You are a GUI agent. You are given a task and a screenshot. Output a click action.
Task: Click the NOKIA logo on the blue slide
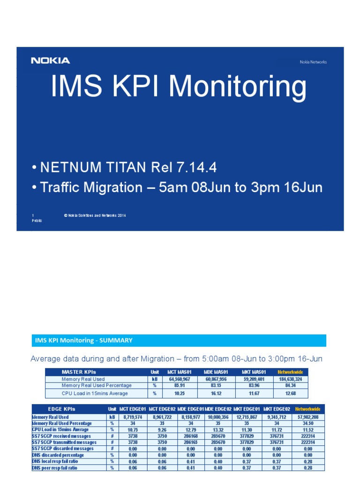point(51,60)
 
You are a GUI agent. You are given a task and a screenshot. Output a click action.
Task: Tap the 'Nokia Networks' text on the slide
point(313,62)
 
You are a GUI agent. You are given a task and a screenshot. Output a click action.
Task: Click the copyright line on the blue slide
point(95,216)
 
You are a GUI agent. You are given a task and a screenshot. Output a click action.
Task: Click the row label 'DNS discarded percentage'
point(58,455)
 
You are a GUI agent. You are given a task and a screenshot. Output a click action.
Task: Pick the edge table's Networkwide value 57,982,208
point(308,417)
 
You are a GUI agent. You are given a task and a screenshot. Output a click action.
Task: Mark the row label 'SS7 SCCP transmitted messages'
point(64,442)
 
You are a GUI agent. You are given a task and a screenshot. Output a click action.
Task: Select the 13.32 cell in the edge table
point(218,429)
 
